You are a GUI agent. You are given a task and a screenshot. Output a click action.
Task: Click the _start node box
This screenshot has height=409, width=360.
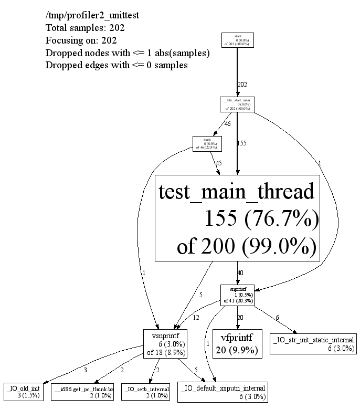tap(238, 40)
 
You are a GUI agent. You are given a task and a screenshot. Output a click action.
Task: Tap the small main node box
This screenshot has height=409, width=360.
tap(207, 143)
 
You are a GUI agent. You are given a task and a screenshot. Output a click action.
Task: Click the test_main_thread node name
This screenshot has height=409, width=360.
tap(237, 191)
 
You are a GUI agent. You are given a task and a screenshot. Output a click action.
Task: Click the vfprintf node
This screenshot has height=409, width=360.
tap(237, 343)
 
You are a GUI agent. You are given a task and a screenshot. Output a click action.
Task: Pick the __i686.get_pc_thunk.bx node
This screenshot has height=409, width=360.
tap(83, 391)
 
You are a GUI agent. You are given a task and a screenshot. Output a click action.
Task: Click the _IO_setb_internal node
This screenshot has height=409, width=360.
tap(146, 391)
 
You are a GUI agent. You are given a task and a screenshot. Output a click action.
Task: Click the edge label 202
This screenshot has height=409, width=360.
tap(242, 84)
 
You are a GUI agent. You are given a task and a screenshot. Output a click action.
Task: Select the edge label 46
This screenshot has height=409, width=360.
tap(227, 124)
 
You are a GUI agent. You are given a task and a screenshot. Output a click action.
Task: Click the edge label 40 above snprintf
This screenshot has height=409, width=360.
tap(241, 273)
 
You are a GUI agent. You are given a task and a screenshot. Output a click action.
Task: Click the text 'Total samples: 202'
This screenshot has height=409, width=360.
tap(85, 27)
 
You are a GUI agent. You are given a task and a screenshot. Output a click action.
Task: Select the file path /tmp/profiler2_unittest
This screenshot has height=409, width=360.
tap(92, 15)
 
